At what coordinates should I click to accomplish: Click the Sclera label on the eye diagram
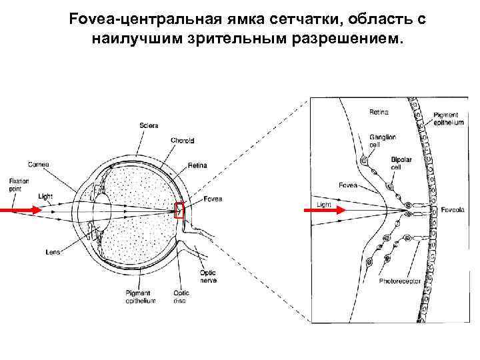pos(149,126)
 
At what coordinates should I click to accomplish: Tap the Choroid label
pos(182,141)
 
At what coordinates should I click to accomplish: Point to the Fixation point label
pos(17,184)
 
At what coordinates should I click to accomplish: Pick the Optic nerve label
pos(208,275)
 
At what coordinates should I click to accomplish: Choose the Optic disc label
pos(181,296)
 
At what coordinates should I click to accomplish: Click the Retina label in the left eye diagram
pos(197,165)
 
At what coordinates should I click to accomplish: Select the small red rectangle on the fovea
pos(179,210)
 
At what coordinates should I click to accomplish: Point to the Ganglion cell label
pos(383,141)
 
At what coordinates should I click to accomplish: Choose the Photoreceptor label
pos(400,281)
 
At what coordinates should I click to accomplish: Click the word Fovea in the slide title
pos(89,20)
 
